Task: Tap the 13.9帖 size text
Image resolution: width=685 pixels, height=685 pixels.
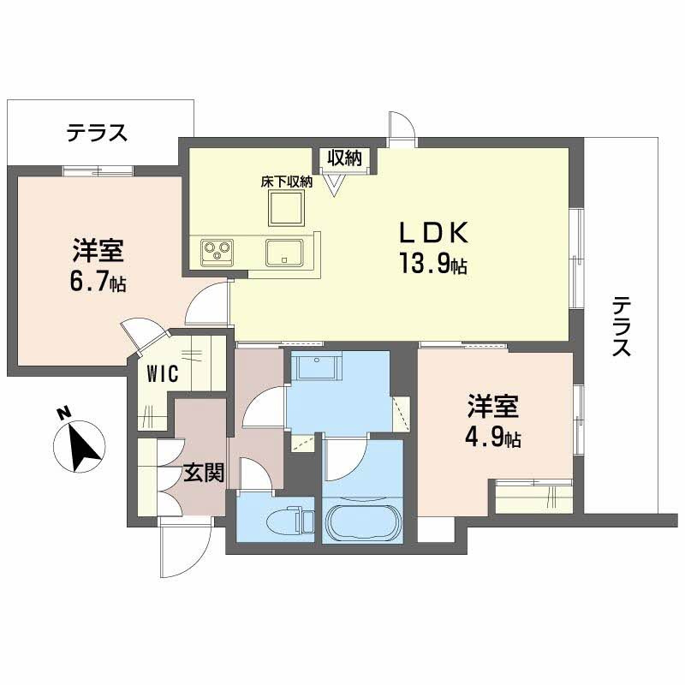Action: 432,265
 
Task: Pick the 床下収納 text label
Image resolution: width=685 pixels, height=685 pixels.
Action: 286,182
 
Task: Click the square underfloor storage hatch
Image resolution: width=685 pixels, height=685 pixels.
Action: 286,208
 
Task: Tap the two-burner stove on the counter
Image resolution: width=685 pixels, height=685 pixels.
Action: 217,252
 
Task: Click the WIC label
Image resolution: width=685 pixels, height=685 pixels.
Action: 162,374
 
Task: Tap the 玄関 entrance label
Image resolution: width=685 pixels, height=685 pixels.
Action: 204,474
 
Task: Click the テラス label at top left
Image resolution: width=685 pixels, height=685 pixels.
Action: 98,133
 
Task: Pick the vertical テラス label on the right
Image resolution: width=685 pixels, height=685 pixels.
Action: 622,326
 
